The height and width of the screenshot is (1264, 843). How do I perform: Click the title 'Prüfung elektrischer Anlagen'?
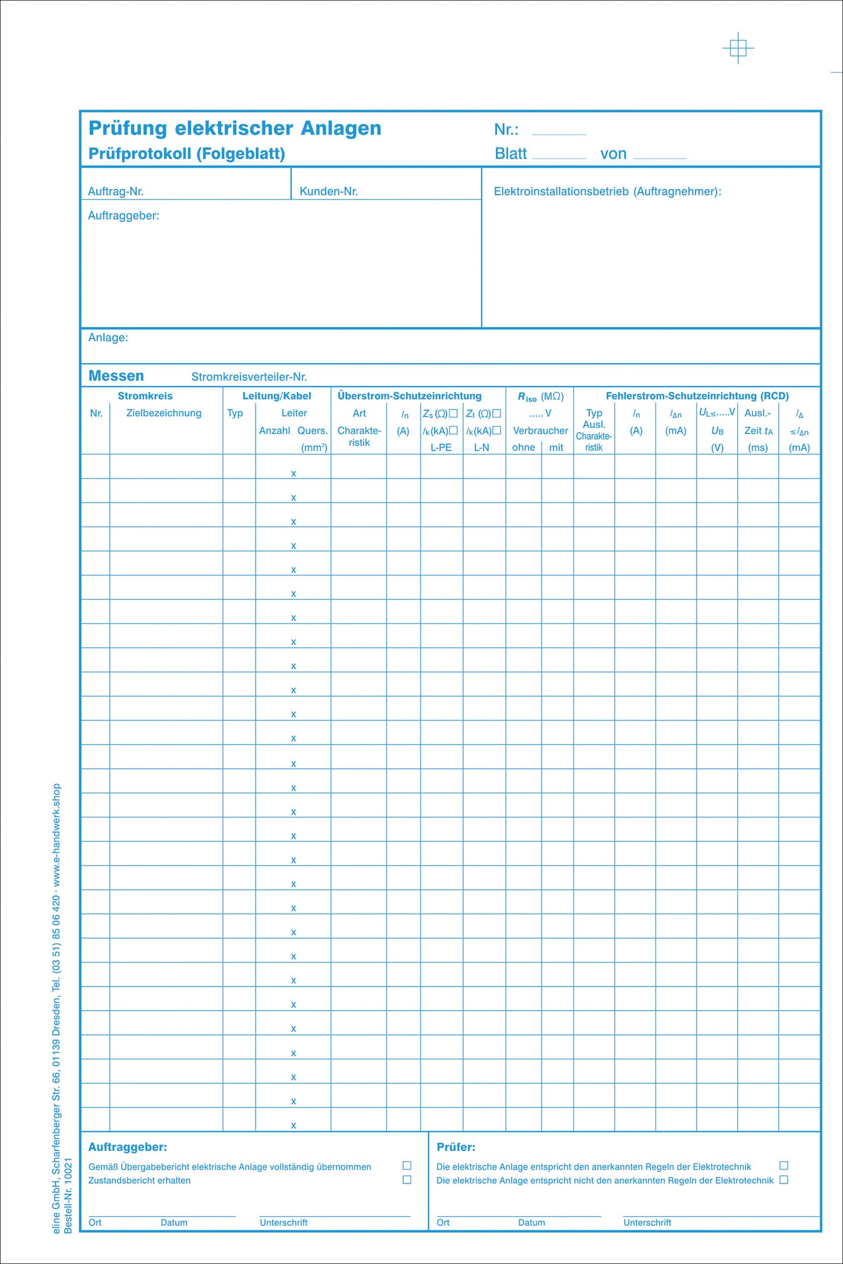235,128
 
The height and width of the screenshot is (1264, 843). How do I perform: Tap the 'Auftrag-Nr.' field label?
116,191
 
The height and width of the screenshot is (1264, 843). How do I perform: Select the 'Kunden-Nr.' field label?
328,191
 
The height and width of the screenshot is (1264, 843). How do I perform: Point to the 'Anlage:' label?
108,338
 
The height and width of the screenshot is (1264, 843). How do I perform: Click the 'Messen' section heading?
116,376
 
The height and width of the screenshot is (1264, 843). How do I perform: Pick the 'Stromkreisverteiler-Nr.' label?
249,377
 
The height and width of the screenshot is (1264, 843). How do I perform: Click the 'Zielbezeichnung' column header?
163,413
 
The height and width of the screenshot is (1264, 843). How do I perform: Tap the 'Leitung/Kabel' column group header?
277,396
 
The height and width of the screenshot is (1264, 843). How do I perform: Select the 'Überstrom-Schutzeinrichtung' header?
410,396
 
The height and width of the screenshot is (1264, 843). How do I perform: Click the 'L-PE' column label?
441,447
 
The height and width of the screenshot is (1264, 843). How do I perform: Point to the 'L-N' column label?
481,447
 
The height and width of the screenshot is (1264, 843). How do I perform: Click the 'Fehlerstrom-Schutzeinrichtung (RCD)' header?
697,396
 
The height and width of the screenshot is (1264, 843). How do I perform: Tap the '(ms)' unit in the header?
758,447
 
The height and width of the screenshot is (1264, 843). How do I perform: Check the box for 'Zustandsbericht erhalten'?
407,1179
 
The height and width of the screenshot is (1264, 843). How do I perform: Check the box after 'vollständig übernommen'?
407,1165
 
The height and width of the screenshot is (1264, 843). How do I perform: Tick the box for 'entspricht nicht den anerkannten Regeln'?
784,1179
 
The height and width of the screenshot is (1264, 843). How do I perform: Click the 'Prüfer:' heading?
456,1147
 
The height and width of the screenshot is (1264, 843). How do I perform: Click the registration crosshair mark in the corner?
738,48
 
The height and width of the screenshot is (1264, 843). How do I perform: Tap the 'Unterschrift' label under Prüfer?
647,1223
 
